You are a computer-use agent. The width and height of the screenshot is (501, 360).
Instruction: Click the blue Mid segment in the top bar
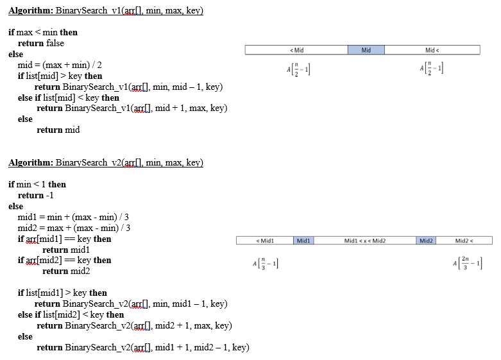coord(366,50)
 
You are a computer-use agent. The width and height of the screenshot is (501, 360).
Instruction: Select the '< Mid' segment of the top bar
coord(297,50)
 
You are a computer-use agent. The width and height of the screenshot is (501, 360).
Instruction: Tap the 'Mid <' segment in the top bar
coord(432,50)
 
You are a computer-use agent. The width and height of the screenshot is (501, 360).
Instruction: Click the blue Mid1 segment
coord(303,241)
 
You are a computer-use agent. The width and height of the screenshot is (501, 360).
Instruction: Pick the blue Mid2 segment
coord(426,241)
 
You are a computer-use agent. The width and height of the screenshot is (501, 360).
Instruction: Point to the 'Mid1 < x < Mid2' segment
coord(365,241)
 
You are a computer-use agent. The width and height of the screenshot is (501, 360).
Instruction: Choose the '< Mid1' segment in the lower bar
coord(265,241)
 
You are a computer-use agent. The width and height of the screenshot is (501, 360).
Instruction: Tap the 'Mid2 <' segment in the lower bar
coord(463,241)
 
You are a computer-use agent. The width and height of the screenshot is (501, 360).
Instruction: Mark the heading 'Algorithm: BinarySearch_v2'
coord(105,163)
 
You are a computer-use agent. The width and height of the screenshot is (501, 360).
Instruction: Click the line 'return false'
coord(41,43)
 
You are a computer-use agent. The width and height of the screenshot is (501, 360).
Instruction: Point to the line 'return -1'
coord(31,195)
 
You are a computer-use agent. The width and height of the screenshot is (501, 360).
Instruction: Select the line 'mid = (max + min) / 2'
coord(60,65)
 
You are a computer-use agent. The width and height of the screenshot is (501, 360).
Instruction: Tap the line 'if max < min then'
coord(43,32)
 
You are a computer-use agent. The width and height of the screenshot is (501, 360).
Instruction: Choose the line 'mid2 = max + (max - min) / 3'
coord(74,228)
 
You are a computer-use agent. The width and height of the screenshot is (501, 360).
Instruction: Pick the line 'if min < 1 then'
coord(37,184)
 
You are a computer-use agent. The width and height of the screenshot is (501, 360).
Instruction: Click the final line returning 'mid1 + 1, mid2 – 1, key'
coord(142,347)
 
